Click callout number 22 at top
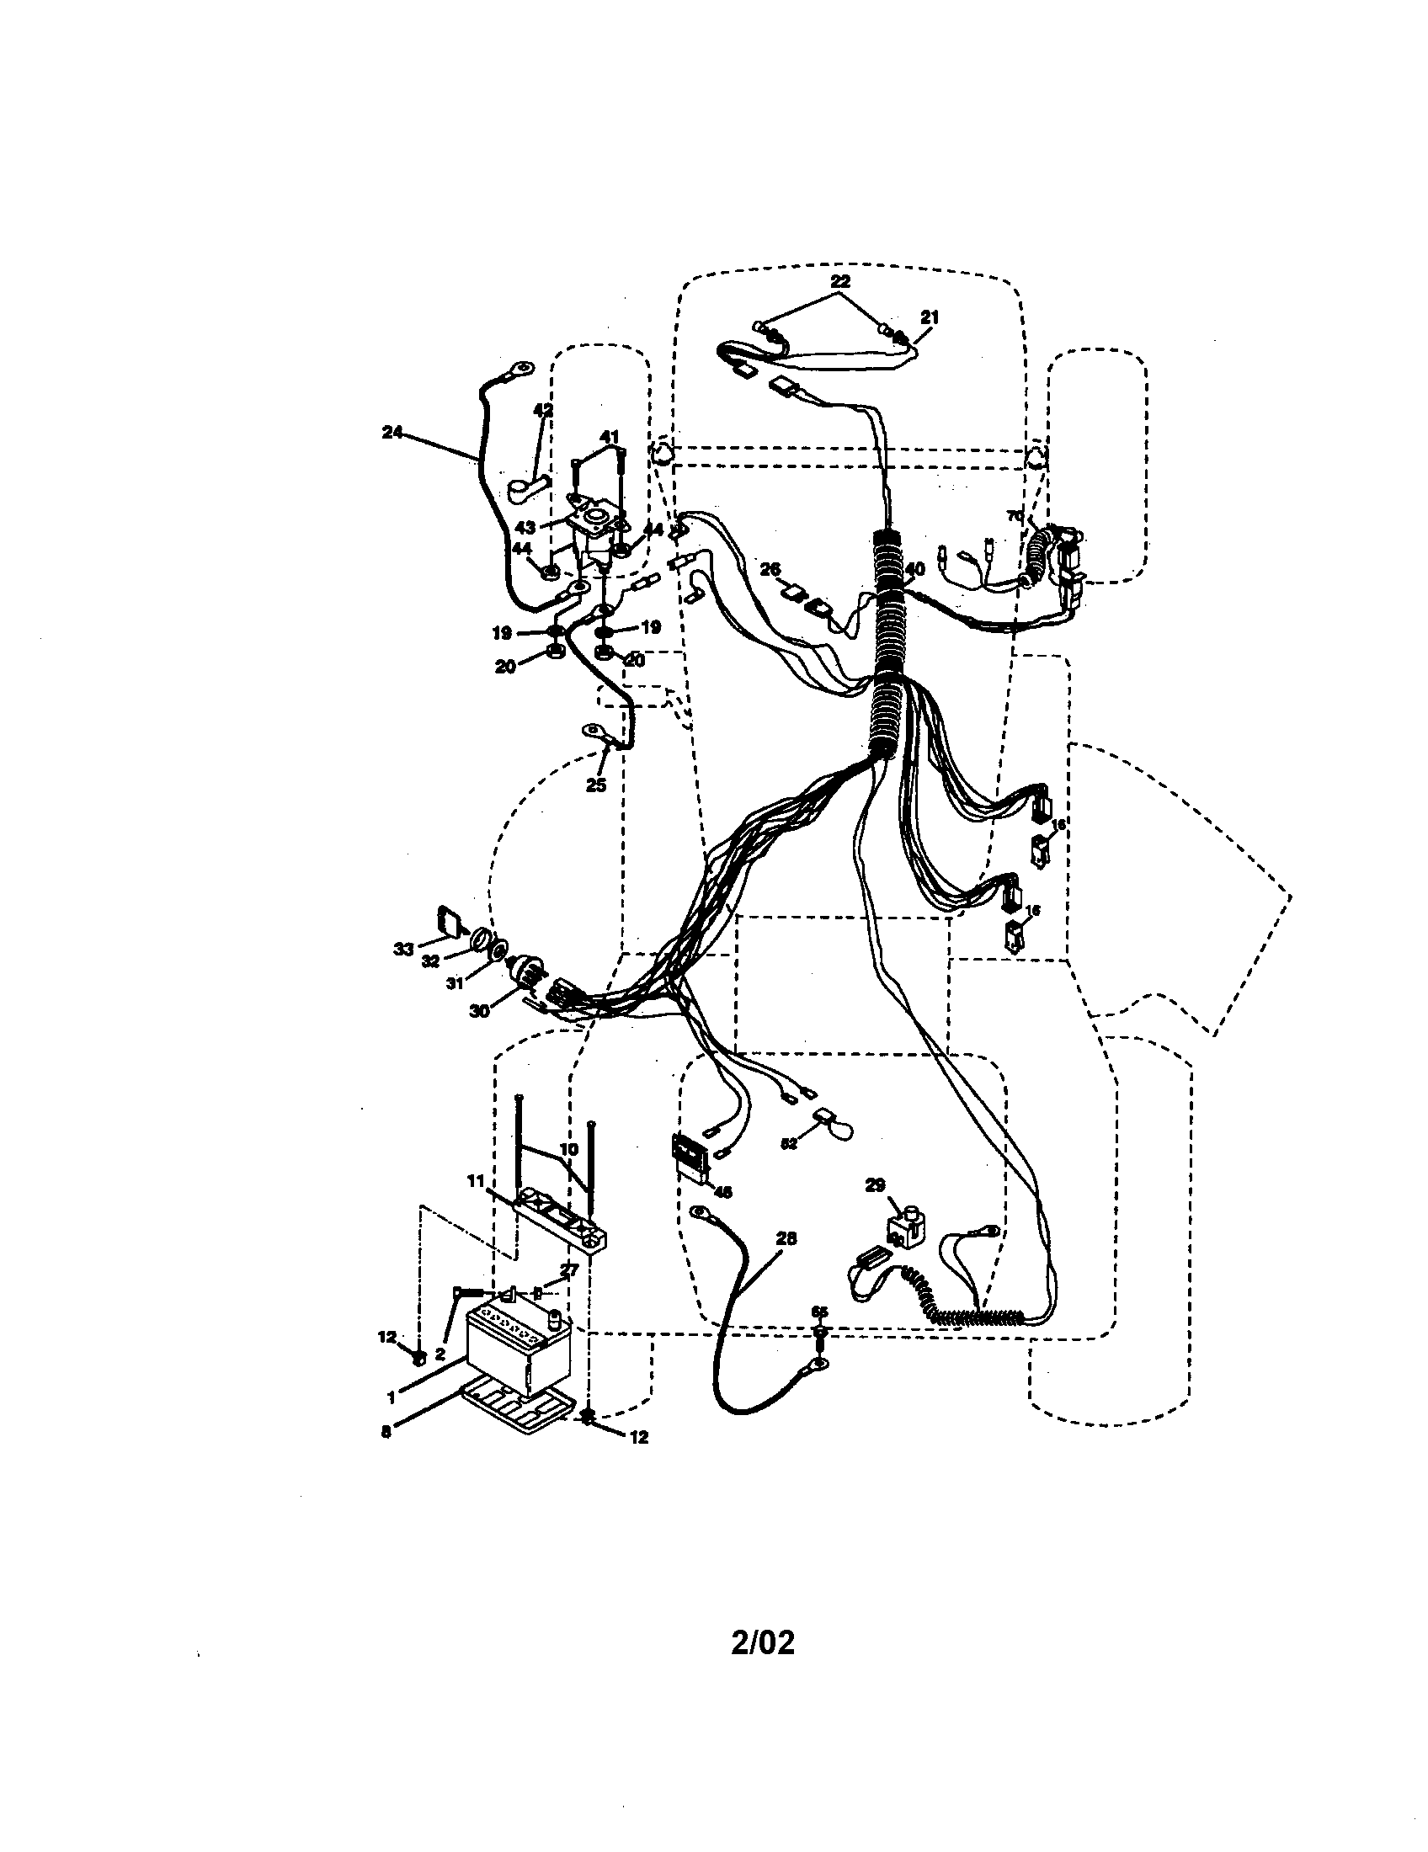tap(840, 281)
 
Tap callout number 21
tap(930, 317)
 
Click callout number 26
tap(769, 570)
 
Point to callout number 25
tap(596, 785)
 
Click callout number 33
tap(403, 949)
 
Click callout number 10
tap(569, 1149)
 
